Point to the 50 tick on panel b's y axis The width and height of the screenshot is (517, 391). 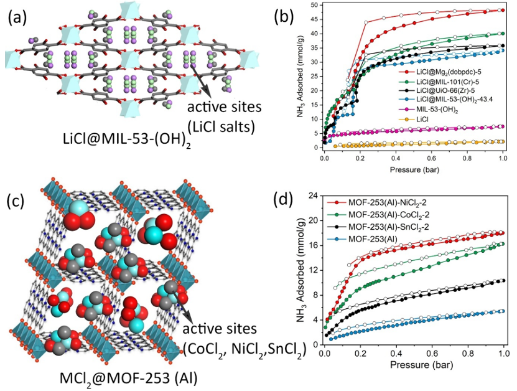click(x=316, y=5)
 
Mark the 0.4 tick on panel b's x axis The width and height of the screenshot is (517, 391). click(x=396, y=158)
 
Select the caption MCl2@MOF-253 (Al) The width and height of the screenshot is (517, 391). click(x=129, y=379)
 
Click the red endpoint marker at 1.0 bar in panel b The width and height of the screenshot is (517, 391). click(x=503, y=10)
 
